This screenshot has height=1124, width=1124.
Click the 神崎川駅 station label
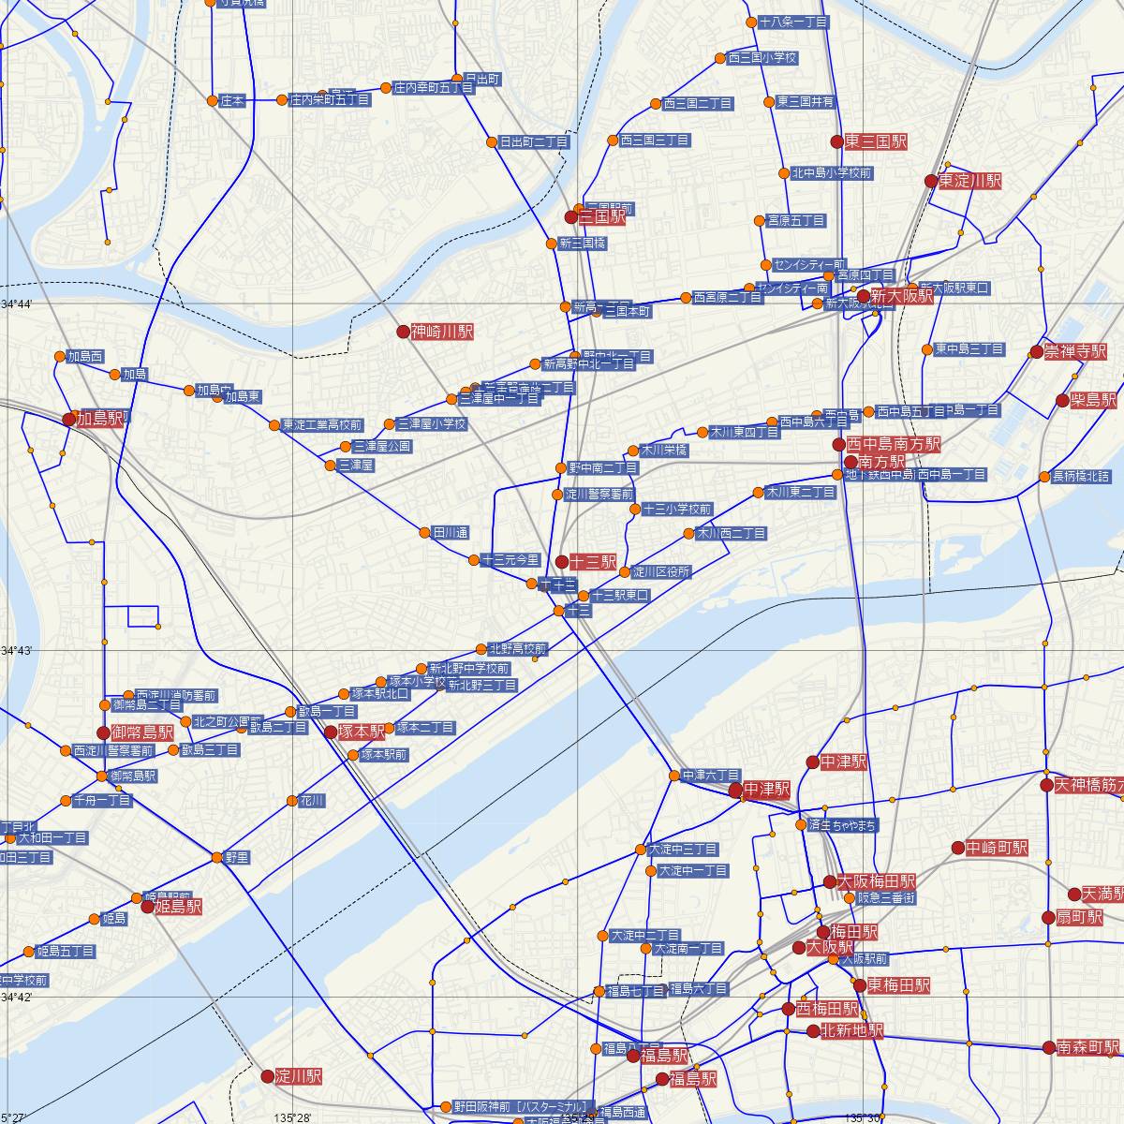pos(443,332)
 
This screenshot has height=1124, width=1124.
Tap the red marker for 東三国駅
pos(837,141)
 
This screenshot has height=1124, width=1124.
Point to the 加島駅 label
pos(100,419)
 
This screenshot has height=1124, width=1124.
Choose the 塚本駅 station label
pos(362,732)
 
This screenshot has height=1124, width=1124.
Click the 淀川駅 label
pos(299,1076)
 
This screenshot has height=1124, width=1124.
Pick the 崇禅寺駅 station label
pos(1076,352)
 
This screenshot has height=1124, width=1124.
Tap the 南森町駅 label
pos(1088,1046)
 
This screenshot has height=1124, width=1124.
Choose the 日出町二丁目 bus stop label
pos(534,142)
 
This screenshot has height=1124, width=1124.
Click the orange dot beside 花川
pos(291,801)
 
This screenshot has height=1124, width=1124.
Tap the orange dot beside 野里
pos(217,857)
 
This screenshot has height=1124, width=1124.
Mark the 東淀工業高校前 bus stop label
pos(322,424)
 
